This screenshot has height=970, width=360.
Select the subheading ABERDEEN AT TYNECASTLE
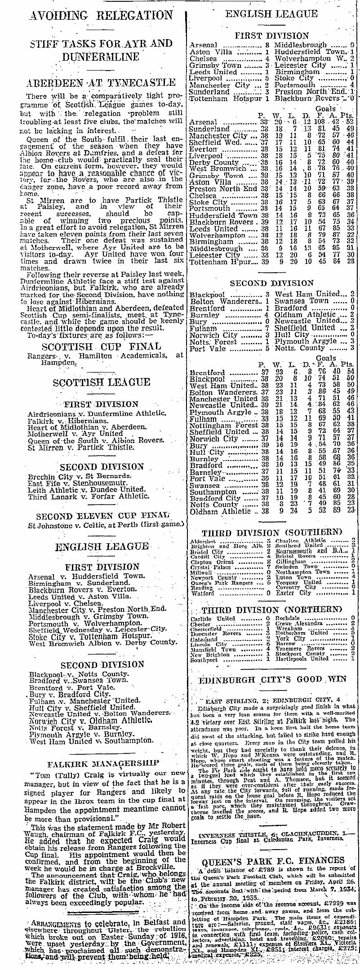tap(101, 83)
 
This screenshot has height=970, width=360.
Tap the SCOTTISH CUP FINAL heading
tap(101, 346)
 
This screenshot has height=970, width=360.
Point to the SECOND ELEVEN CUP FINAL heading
tap(103, 516)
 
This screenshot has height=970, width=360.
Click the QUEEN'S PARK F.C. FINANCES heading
tap(273, 860)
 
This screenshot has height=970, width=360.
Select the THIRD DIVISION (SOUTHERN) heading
tap(272, 532)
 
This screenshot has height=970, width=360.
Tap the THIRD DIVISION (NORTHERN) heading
tap(272, 610)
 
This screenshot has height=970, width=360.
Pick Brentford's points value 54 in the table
tap(350, 372)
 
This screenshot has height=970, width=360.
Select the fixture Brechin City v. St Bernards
tap(80, 476)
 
